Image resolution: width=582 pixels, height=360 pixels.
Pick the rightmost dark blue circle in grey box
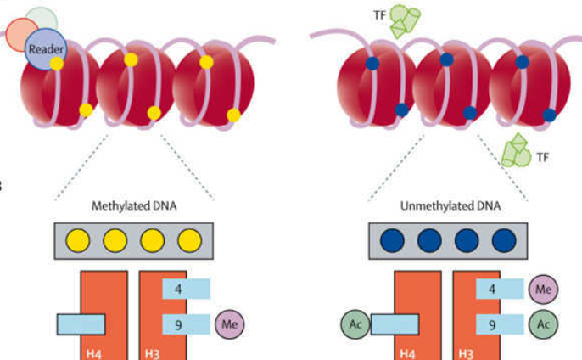pos(507,240)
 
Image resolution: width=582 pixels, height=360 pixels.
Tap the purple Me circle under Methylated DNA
pos(230,324)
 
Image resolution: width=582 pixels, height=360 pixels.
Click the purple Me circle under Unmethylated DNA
pos(543,290)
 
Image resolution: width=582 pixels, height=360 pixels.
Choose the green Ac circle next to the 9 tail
pos(543,324)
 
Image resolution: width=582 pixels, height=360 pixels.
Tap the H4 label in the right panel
pos(408,351)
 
